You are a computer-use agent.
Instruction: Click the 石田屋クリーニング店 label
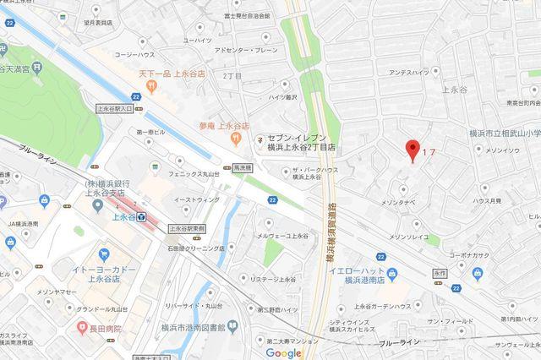click(195, 248)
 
